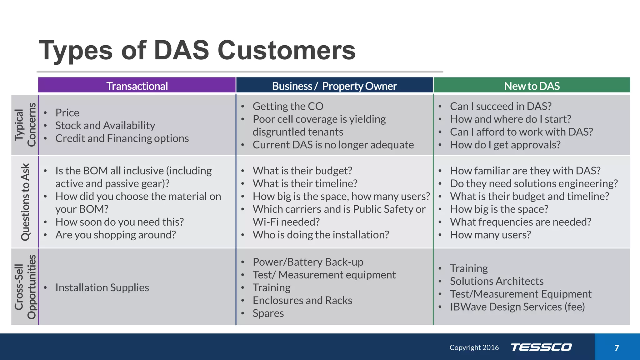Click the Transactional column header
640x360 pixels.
[x=137, y=86]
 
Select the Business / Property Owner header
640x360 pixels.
[x=334, y=86]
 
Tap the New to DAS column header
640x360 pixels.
[x=532, y=86]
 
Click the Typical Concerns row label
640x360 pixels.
[x=25, y=125]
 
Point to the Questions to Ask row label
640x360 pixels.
[x=25, y=202]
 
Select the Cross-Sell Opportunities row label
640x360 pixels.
[x=25, y=287]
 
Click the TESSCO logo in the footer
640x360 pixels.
[x=541, y=347]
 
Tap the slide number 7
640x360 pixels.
[x=617, y=348]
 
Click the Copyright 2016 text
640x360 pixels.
[x=474, y=347]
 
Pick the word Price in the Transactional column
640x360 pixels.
[x=67, y=112]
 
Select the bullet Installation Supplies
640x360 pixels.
[x=102, y=287]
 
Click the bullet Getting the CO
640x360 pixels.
[x=288, y=106]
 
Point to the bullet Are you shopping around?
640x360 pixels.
[x=116, y=235]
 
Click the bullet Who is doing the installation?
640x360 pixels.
[x=321, y=235]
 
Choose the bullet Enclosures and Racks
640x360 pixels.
[x=302, y=300]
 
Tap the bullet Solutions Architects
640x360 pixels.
[x=497, y=281]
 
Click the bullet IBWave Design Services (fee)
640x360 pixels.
[x=517, y=307]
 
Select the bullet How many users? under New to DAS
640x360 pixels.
[x=490, y=235]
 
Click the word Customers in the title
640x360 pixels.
[x=287, y=50]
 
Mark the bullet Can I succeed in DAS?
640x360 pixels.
[x=501, y=106]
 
